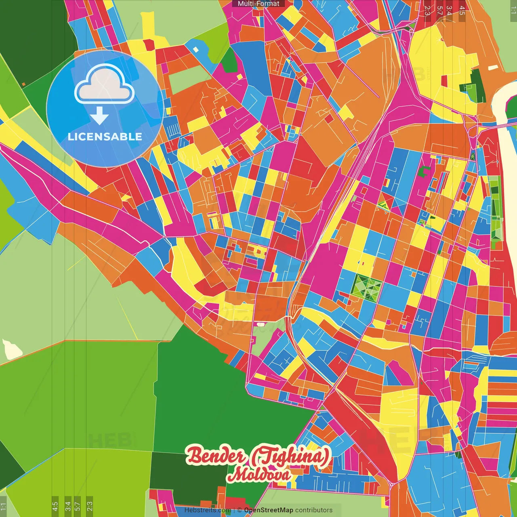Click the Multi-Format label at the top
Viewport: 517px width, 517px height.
coord(258,4)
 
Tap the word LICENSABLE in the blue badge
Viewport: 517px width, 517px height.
coord(105,137)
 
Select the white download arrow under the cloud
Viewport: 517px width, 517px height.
coord(99,116)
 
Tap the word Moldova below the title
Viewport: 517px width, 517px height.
coord(258,475)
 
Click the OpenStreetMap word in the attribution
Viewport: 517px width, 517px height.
coord(269,510)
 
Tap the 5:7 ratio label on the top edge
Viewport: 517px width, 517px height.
coord(439,10)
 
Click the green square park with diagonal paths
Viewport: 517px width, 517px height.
coord(366,288)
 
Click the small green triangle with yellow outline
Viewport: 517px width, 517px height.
coord(383,207)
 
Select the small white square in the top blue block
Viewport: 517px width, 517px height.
coord(196,49)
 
